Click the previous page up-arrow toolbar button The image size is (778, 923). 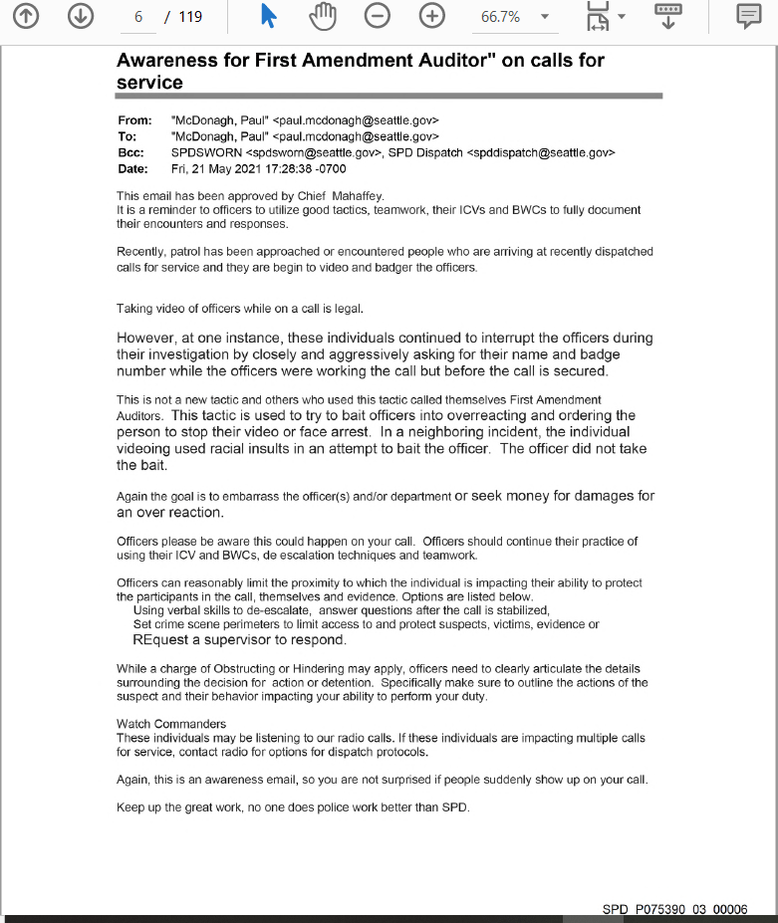point(27,17)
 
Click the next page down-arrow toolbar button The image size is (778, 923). point(81,17)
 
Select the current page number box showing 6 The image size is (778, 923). point(138,17)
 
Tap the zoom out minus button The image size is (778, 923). point(378,17)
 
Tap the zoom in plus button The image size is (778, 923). point(431,17)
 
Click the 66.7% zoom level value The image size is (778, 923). point(500,17)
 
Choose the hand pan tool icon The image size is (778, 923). point(324,17)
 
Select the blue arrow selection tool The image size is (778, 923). point(269,17)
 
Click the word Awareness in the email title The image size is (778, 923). point(168,60)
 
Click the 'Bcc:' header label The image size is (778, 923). point(131,152)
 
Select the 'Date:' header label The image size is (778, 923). point(133,168)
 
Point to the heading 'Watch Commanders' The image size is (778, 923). point(171,724)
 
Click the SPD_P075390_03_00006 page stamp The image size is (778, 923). point(674,910)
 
